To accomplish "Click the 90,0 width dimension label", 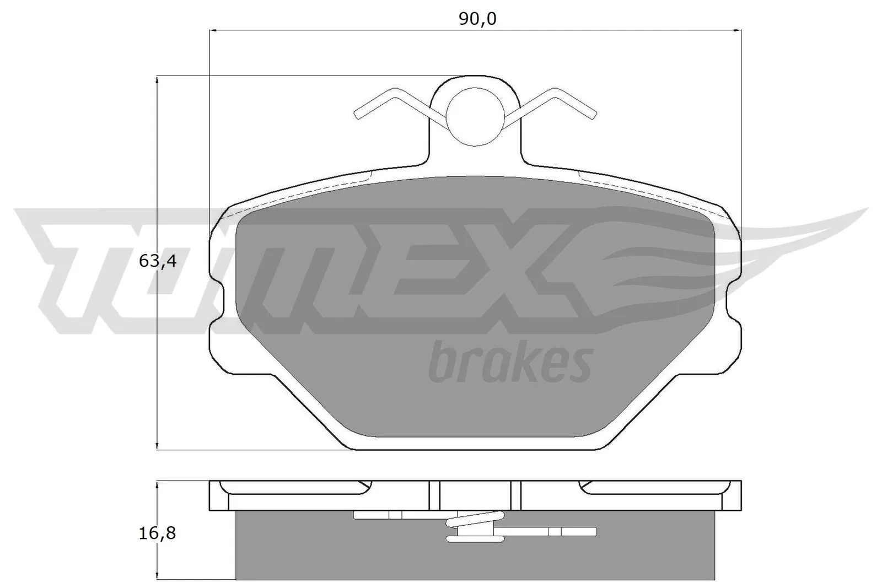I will click(x=477, y=19).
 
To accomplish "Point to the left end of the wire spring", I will click(x=357, y=115).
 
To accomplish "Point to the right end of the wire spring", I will click(x=594, y=115).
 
